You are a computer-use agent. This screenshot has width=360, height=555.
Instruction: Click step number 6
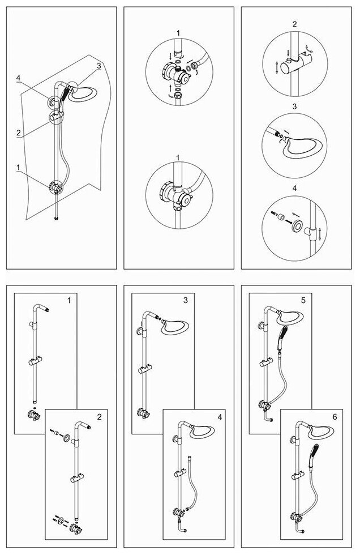(x=335, y=416)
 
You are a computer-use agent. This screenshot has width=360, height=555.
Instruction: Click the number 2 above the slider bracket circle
(x=294, y=24)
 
